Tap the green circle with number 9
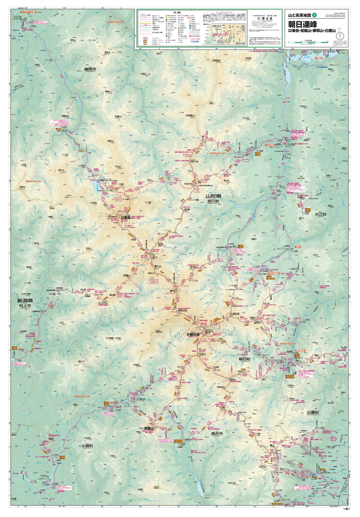coord(315,15)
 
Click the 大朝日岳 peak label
coord(193,334)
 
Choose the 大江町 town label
coord(320,214)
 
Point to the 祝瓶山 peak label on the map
coord(149,428)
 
